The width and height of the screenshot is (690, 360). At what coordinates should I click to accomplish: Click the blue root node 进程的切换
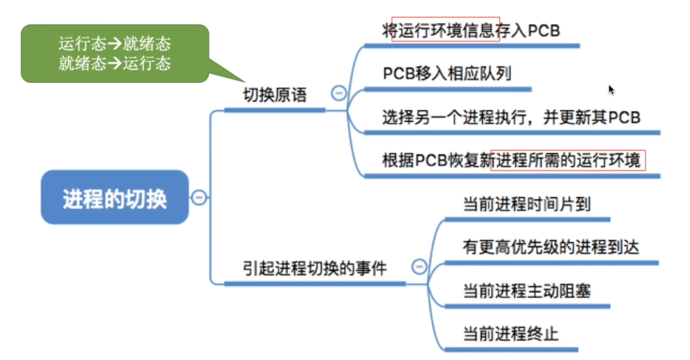[x=115, y=197]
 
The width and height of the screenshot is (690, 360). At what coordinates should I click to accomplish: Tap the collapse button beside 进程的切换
[x=199, y=197]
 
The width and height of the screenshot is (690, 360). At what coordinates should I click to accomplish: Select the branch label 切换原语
[x=275, y=94]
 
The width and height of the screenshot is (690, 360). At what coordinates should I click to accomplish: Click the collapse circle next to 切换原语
[x=339, y=93]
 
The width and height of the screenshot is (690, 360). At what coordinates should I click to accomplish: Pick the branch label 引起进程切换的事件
[x=315, y=268]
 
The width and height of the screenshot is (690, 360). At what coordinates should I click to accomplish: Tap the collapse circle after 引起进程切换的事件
[x=419, y=266]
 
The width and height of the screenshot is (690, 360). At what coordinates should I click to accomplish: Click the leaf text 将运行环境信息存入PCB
[x=471, y=30]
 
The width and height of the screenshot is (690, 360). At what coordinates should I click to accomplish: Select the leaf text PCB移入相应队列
[x=447, y=73]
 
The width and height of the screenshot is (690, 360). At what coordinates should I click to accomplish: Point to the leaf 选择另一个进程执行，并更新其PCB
[x=511, y=117]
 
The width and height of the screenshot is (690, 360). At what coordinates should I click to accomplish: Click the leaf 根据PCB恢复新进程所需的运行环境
[x=511, y=160]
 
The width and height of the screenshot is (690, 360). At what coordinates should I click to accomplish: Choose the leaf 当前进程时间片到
[x=527, y=204]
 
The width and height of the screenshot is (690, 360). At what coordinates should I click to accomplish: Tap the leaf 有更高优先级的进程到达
[x=551, y=247]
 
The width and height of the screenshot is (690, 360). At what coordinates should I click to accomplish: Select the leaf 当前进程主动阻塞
[x=527, y=291]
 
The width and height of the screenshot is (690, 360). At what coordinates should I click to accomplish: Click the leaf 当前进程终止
[x=511, y=334]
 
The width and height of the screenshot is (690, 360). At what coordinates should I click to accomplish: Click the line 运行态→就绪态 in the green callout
[x=115, y=44]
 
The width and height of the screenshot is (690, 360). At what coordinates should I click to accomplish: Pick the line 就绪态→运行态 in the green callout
[x=115, y=63]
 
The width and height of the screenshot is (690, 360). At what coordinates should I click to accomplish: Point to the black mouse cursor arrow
[x=611, y=90]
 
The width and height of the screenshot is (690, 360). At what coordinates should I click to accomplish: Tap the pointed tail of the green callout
[x=244, y=82]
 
